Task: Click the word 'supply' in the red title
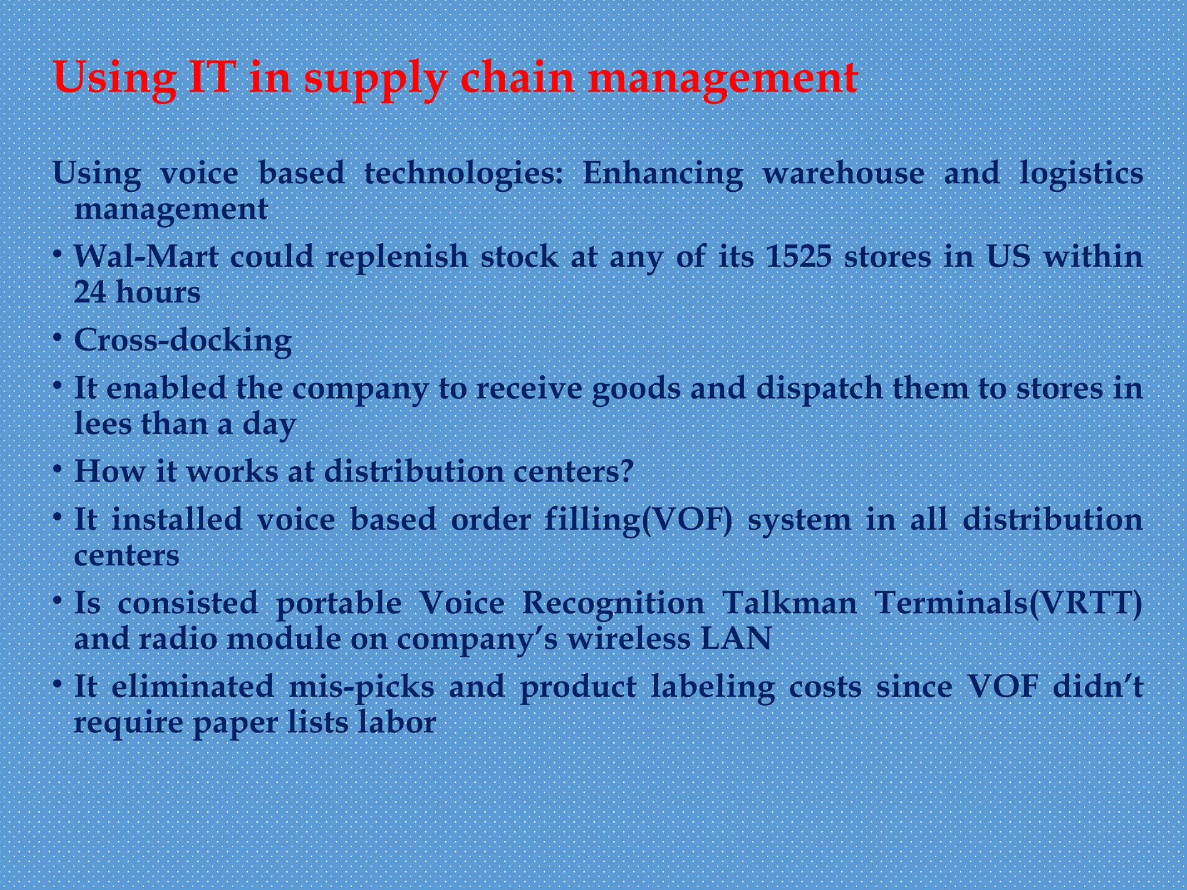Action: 376,79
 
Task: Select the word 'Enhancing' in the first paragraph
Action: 662,174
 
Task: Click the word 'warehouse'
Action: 843,173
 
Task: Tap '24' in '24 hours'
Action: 90,292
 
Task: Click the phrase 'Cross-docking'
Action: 183,341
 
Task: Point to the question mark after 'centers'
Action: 626,472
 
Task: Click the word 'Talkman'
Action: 789,603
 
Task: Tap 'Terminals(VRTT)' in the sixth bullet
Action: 1008,603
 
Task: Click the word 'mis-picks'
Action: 362,687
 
